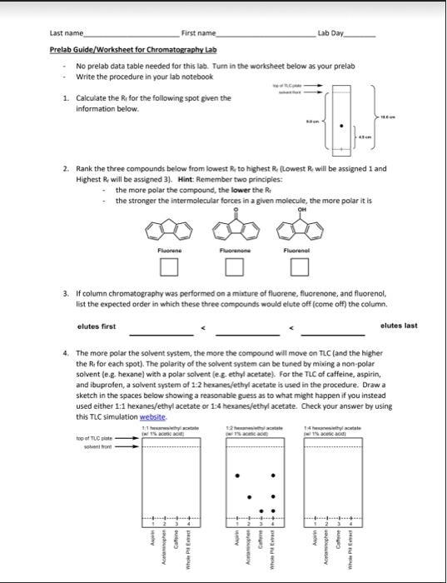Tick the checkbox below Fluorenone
[x=234, y=267]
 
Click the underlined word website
[x=154, y=416]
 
